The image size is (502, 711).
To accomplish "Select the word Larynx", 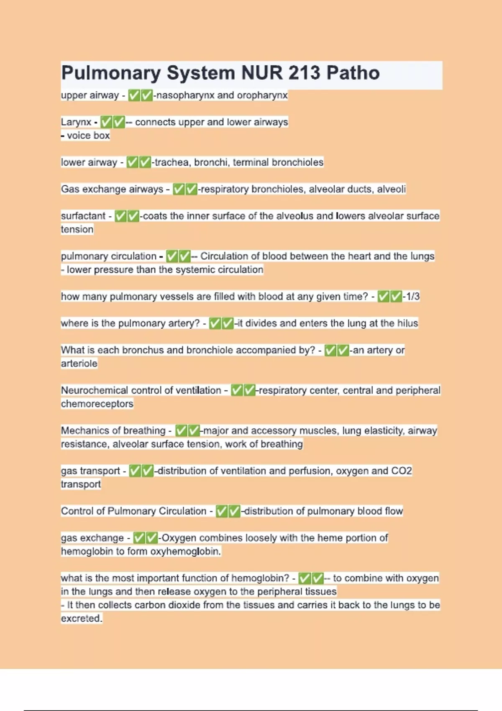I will [x=76, y=122].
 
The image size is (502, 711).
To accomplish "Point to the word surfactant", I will [x=83, y=216].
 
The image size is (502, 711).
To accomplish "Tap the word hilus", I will [x=407, y=323].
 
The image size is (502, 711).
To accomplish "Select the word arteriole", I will [x=79, y=363].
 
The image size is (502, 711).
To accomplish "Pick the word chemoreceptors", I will [x=97, y=404].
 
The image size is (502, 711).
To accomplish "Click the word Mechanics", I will [x=84, y=430].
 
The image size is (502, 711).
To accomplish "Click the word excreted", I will [x=81, y=618].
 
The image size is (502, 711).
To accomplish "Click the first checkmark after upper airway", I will [x=134, y=95].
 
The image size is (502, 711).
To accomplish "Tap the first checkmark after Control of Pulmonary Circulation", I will [x=222, y=511].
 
